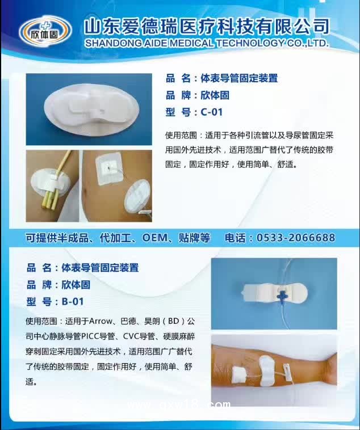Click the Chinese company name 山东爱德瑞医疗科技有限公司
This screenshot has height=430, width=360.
(206, 26)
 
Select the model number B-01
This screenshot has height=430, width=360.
(73, 301)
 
